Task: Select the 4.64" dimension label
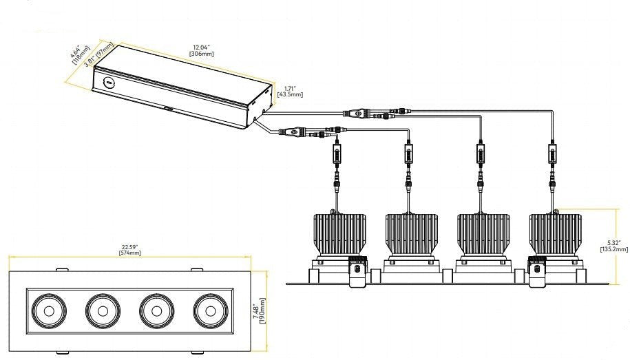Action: pyautogui.click(x=76, y=54)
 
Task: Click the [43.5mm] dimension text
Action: pyautogui.click(x=289, y=94)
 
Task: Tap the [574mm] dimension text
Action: pyautogui.click(x=129, y=253)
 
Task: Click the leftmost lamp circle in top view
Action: pyautogui.click(x=49, y=310)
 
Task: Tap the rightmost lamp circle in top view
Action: pyautogui.click(x=208, y=310)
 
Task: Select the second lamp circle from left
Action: pyautogui.click(x=102, y=310)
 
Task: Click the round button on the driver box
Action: pyautogui.click(x=107, y=82)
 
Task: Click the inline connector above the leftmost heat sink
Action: pyautogui.click(x=337, y=153)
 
